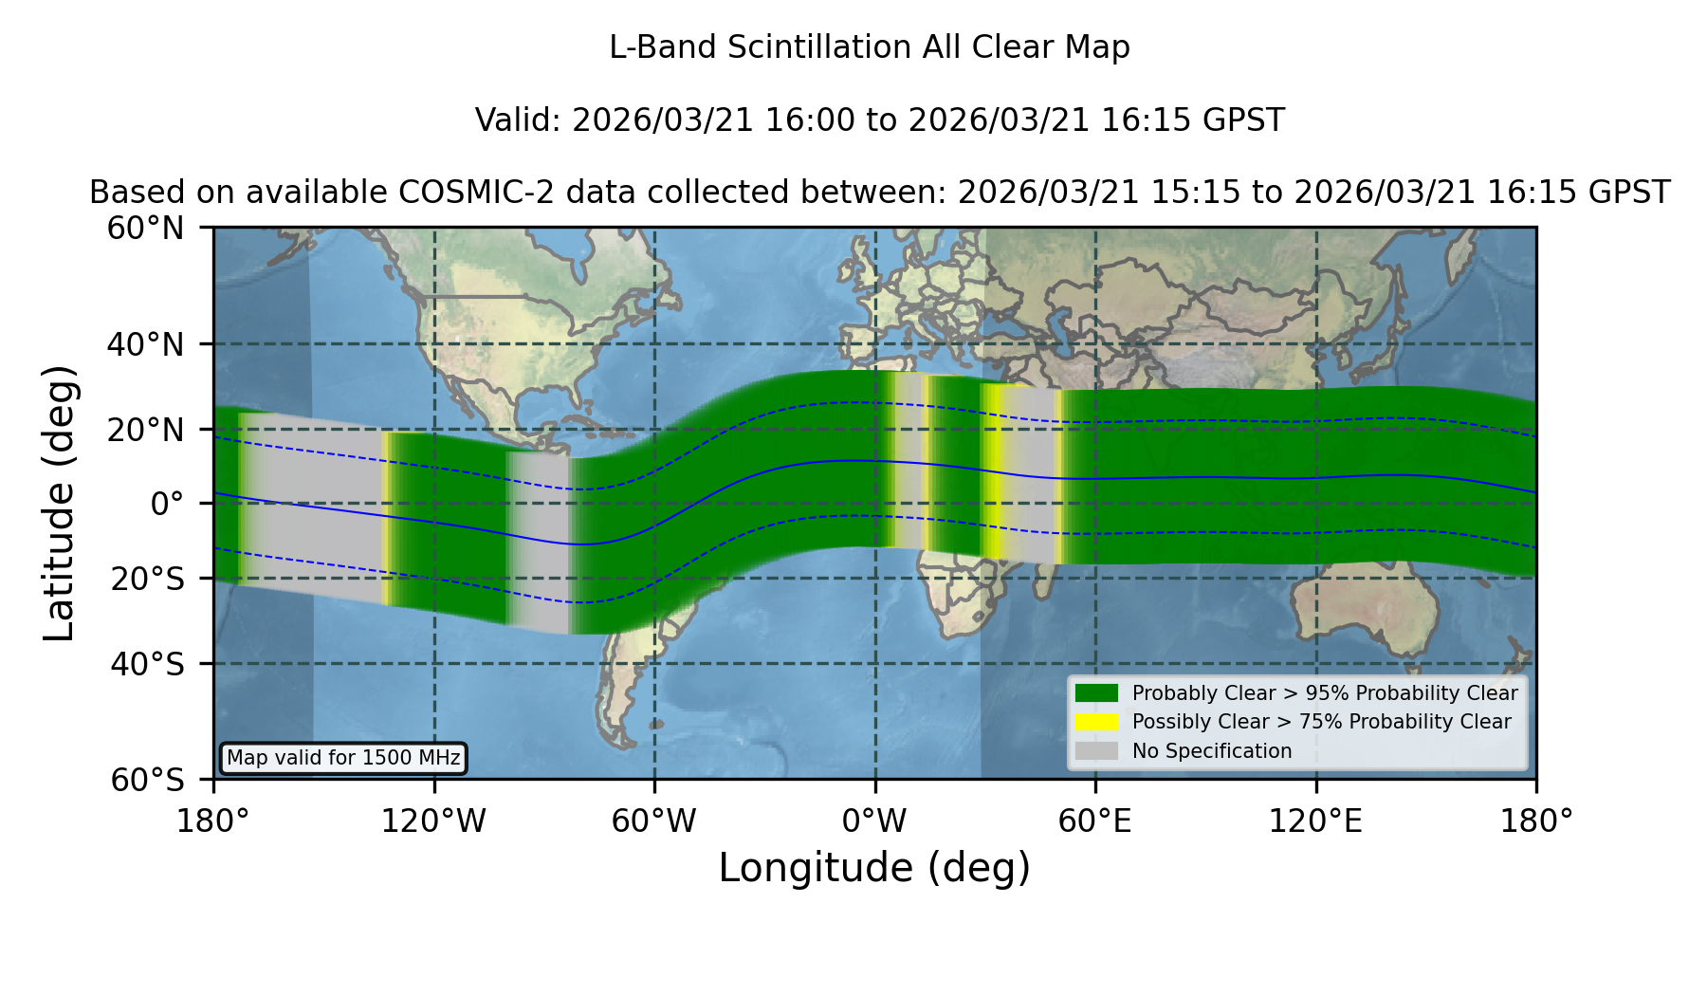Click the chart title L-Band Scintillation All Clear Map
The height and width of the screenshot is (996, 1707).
point(869,47)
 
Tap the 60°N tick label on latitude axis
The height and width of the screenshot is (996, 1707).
point(145,228)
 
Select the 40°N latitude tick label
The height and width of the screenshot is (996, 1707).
point(145,344)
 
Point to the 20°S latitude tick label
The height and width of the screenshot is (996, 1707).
point(147,578)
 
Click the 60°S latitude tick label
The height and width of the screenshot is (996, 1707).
point(147,780)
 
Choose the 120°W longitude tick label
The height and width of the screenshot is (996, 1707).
point(433,821)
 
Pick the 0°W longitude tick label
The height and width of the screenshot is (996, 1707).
point(874,821)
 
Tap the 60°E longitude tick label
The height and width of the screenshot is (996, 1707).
point(1094,821)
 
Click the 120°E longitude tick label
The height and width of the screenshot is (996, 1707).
point(1315,821)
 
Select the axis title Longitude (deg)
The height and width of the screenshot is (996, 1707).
point(874,868)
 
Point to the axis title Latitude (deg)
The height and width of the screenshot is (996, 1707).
point(59,503)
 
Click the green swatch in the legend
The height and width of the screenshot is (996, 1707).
point(1096,692)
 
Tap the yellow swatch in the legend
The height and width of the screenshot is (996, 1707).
point(1096,722)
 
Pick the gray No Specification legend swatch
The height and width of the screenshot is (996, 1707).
point(1096,751)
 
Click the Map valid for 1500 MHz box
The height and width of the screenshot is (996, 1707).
point(343,758)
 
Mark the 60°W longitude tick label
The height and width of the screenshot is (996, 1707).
point(653,821)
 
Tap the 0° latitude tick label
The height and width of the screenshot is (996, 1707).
point(167,504)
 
